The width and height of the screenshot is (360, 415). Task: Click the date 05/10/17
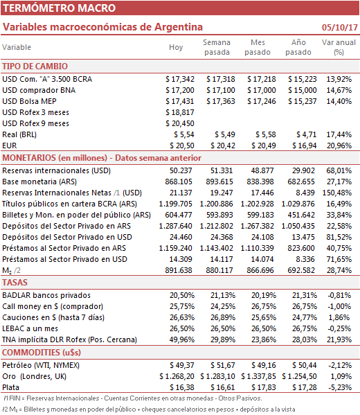[x=340, y=27]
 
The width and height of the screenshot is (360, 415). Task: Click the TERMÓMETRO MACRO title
[x=60, y=8]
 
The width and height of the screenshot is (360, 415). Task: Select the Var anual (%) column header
[x=339, y=47]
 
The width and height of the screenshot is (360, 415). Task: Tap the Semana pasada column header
[x=217, y=47]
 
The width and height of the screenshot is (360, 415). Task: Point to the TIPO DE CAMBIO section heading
[x=35, y=67]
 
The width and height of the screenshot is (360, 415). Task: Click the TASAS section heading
[x=15, y=283]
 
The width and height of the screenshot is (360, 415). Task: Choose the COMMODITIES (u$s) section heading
[x=42, y=352]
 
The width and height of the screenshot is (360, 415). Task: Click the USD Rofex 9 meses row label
[x=36, y=123]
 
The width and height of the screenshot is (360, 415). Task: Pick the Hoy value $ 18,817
[x=180, y=112]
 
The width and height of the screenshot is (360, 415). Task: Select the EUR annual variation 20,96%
[x=339, y=145]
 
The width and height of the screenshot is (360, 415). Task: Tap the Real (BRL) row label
[x=19, y=134]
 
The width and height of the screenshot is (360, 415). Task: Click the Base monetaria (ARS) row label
[x=39, y=182]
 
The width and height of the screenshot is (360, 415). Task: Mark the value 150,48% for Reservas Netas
[x=337, y=193]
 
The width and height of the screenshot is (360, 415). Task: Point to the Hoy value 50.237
[x=181, y=170]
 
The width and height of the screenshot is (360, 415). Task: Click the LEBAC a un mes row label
[x=30, y=328]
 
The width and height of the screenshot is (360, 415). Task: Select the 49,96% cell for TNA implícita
[x=182, y=340]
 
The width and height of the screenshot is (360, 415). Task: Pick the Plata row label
[x=10, y=388]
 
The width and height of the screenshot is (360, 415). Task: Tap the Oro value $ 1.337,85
[x=258, y=377]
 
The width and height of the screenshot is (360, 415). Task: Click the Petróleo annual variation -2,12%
[x=340, y=366]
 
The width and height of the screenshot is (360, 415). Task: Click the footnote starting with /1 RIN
[x=133, y=398]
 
